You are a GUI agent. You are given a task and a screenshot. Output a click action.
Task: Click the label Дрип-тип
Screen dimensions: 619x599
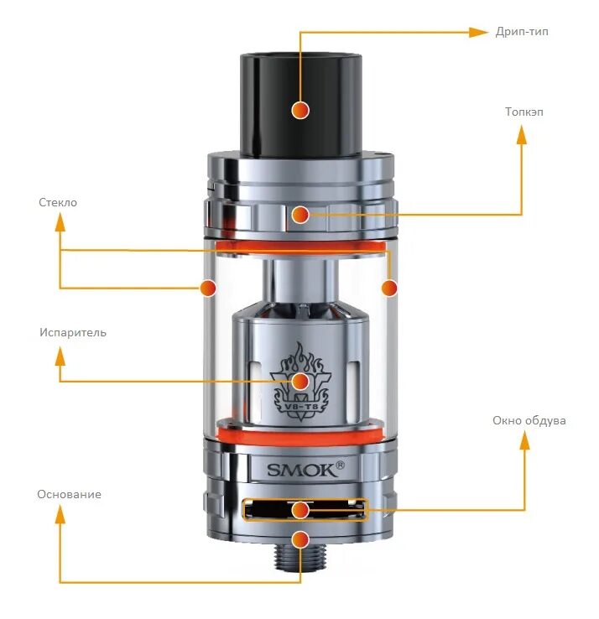pyautogui.click(x=522, y=32)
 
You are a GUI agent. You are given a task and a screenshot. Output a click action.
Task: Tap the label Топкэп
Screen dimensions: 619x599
pyautogui.click(x=523, y=112)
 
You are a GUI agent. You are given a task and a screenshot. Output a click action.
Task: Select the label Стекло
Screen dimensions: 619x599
pyautogui.click(x=58, y=202)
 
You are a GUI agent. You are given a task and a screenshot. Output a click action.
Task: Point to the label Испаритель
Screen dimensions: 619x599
pyautogui.click(x=73, y=332)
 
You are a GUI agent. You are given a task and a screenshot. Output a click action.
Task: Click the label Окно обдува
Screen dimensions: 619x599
pyautogui.click(x=529, y=420)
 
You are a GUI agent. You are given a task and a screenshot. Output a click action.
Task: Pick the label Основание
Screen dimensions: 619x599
pyautogui.click(x=69, y=494)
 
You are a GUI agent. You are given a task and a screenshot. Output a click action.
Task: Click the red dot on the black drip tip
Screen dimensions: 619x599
pyautogui.click(x=300, y=109)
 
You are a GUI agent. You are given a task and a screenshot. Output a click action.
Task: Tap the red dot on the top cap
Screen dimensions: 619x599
pyautogui.click(x=300, y=215)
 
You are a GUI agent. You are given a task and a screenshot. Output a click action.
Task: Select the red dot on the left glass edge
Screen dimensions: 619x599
pyautogui.click(x=207, y=288)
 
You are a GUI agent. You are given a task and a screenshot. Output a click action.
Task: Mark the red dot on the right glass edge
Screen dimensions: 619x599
pyautogui.click(x=388, y=288)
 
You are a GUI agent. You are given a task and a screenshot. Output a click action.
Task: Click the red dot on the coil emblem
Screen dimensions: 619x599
pyautogui.click(x=300, y=382)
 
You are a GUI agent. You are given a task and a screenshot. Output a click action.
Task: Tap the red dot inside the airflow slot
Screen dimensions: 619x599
pyautogui.click(x=300, y=509)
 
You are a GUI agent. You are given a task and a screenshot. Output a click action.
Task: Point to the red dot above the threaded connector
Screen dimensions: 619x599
pyautogui.click(x=300, y=539)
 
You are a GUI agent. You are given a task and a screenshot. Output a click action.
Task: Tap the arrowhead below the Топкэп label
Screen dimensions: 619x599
pyautogui.click(x=521, y=136)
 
